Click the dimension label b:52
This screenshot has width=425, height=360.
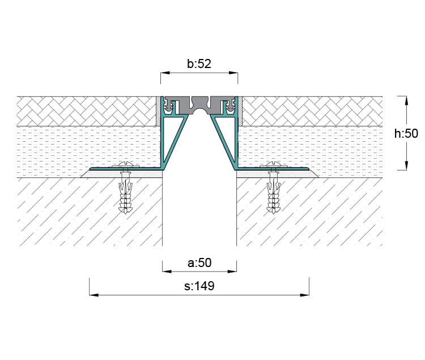199,64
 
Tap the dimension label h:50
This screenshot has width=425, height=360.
406,134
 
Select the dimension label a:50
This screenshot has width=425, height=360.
199,262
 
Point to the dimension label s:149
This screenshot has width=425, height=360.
199,286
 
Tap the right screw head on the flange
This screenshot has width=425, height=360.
273,164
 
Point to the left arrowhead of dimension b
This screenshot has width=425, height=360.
165,73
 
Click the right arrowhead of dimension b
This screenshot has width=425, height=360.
233,73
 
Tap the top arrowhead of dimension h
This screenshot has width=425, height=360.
406,100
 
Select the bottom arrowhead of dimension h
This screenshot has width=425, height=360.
406,166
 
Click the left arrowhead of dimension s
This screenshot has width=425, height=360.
94,295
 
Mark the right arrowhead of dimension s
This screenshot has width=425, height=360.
304,295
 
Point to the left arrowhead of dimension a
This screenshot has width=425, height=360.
167,272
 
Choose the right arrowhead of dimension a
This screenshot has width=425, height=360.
232,272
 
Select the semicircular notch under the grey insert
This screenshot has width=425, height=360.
199,112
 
